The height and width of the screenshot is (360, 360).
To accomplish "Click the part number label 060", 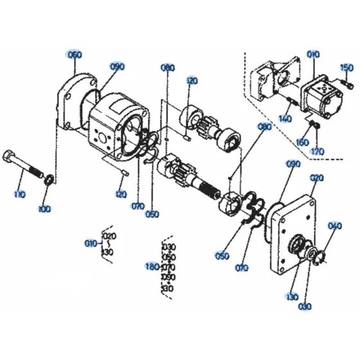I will [74, 55].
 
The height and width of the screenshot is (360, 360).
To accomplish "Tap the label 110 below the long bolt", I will [21, 193].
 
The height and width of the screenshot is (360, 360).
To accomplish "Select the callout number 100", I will [44, 209].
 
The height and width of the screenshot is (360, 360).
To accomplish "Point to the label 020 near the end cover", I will [316, 178].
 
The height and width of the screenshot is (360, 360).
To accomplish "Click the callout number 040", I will [334, 226].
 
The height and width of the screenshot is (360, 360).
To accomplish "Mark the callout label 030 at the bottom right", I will [305, 306].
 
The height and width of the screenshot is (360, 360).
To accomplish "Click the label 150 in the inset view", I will [346, 68].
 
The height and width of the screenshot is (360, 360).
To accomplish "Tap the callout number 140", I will [285, 120].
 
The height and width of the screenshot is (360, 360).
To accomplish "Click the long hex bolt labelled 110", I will [26, 165].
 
